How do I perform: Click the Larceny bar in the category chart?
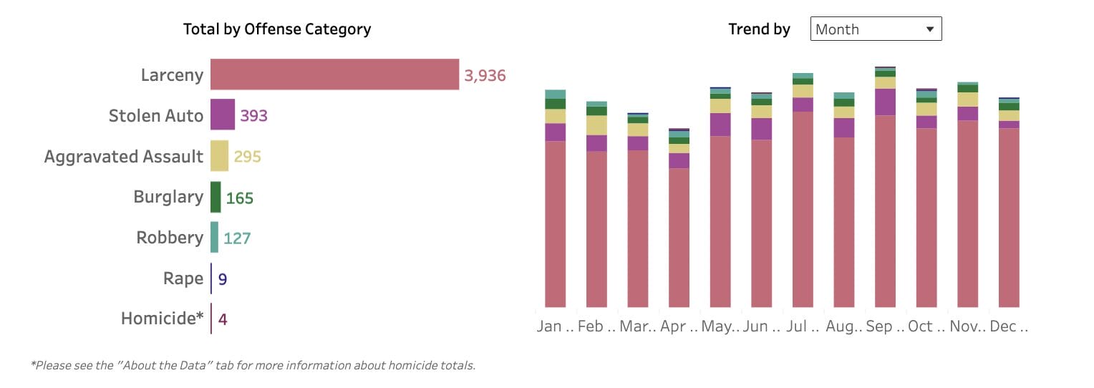pyautogui.click(x=334, y=74)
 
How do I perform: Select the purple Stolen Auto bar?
pyautogui.click(x=223, y=115)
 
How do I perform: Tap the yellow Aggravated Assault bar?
pyautogui.click(x=219, y=156)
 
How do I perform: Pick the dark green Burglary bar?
pyautogui.click(x=216, y=197)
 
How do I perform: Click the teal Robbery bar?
pyautogui.click(x=214, y=237)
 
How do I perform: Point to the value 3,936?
pyautogui.click(x=485, y=75)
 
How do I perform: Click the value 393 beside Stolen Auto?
pyautogui.click(x=253, y=115)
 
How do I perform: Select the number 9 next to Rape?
pyautogui.click(x=223, y=278)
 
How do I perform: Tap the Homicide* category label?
pyautogui.click(x=162, y=318)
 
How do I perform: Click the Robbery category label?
pyautogui.click(x=170, y=238)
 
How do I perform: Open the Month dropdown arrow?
pyautogui.click(x=930, y=29)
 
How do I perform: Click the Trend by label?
pyautogui.click(x=759, y=29)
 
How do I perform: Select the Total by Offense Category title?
pyautogui.click(x=277, y=29)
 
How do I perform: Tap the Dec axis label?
pyautogui.click(x=1009, y=326)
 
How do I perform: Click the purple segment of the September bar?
pyautogui.click(x=885, y=102)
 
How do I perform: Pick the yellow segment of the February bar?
pyautogui.click(x=596, y=125)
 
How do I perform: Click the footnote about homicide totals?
pyautogui.click(x=253, y=365)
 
